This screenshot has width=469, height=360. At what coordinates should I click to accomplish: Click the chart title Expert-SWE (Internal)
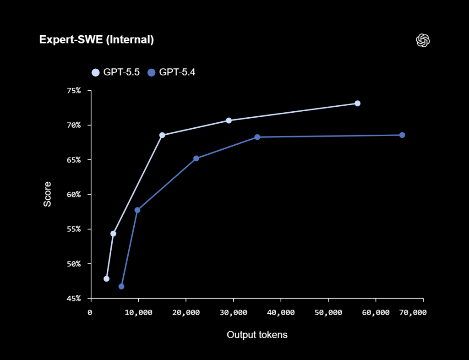(x=96, y=40)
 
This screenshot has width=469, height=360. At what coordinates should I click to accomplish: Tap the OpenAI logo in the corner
(x=423, y=40)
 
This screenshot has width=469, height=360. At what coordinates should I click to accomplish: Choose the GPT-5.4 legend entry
(x=171, y=72)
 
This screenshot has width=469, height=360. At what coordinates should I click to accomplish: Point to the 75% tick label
(x=73, y=91)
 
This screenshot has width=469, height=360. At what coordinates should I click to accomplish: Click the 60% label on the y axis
(x=73, y=195)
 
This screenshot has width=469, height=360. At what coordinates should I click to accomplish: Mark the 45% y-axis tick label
(x=73, y=299)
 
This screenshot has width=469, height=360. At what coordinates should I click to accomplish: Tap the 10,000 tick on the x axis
(x=139, y=312)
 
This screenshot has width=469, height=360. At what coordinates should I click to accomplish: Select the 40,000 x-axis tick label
(x=281, y=312)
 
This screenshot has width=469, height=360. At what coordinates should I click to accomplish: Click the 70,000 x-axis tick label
(x=413, y=312)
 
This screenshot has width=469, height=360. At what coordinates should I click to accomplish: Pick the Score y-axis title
(x=48, y=194)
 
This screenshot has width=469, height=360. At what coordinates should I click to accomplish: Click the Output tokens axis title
(x=257, y=335)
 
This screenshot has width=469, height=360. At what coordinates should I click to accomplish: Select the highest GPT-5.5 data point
(x=357, y=104)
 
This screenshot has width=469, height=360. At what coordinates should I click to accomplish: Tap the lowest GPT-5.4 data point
(x=121, y=286)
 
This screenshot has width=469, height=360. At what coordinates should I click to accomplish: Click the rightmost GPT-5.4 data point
(x=402, y=135)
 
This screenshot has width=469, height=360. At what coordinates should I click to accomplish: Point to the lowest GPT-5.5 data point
(x=107, y=278)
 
